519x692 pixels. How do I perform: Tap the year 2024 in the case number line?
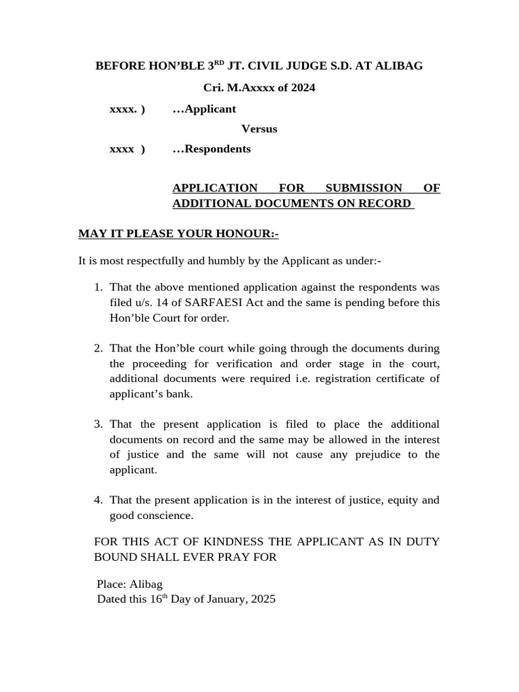tap(303, 88)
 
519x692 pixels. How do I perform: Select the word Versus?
tap(259, 128)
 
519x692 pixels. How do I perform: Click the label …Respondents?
tap(212, 149)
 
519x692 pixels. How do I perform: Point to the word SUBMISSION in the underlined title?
tap(364, 188)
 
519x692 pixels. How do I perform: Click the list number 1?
tap(98, 288)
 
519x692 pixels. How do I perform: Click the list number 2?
tap(98, 349)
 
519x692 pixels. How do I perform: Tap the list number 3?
tap(98, 424)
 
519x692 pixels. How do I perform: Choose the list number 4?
tap(98, 500)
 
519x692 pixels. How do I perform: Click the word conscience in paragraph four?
tap(166, 516)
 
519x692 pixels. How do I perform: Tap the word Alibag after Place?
tap(146, 584)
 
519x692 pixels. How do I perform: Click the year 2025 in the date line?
tap(263, 599)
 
